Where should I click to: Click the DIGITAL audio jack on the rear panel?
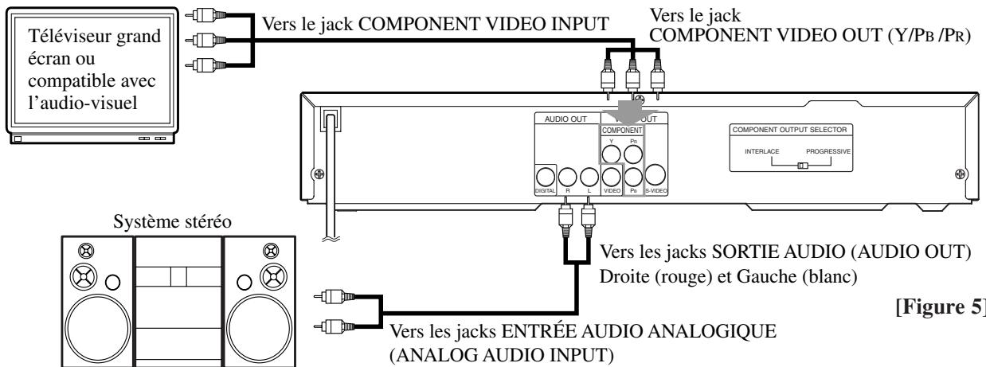click(545, 178)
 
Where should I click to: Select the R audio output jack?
click(566, 178)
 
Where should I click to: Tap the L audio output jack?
click(588, 178)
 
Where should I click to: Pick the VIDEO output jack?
click(612, 178)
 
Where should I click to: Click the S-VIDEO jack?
click(656, 178)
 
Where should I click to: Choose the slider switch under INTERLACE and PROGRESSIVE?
click(803, 166)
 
